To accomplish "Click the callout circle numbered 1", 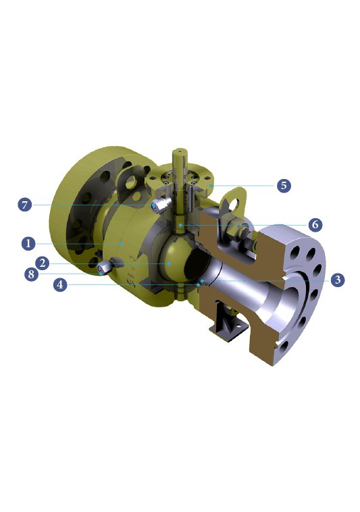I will [28, 242].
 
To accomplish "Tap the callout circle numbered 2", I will [42, 263].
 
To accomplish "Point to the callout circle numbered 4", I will [61, 284].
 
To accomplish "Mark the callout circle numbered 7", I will [26, 204].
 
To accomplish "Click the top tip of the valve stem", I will [180, 149].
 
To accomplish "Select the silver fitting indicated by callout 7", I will [159, 205].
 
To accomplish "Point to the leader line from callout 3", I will [270, 280].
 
